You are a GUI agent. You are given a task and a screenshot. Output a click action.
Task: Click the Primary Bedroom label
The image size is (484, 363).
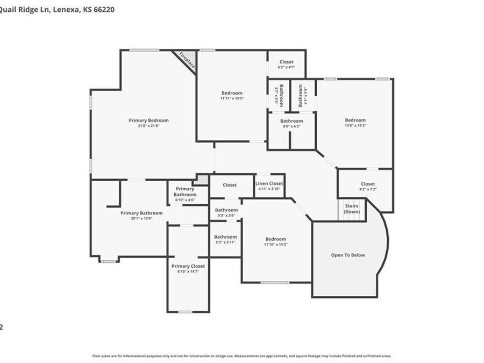[x=148, y=120]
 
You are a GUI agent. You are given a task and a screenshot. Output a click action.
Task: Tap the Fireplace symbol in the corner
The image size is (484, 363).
[x=186, y=60]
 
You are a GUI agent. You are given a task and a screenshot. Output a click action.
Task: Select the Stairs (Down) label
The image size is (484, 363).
[x=352, y=209]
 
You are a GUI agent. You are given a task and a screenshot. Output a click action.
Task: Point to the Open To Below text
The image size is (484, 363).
[x=347, y=255]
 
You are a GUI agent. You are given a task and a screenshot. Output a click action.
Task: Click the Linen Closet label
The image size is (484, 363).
[x=269, y=184]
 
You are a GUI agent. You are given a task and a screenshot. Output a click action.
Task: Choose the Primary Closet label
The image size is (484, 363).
[x=188, y=266]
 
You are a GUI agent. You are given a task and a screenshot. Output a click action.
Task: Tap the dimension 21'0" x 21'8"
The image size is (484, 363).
[x=148, y=126]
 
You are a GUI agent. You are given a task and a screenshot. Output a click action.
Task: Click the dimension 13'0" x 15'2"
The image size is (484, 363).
[x=355, y=126]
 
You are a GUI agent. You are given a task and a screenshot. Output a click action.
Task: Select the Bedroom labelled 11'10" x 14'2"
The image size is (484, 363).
[x=275, y=239]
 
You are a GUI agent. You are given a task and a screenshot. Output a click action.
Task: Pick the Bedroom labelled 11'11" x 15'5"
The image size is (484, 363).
[x=231, y=93]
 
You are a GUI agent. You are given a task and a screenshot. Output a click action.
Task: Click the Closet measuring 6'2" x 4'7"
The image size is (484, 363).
[x=286, y=62]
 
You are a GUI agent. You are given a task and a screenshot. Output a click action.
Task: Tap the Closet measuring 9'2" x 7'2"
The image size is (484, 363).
[x=368, y=184]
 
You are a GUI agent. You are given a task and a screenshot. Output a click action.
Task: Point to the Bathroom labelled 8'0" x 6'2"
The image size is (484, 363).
[x=291, y=121]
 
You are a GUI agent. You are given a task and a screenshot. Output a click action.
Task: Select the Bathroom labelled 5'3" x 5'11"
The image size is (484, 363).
[x=225, y=237]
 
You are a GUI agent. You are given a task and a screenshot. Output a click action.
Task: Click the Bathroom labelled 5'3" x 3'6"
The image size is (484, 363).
[x=226, y=210]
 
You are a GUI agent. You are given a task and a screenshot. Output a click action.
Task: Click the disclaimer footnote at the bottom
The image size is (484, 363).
[x=241, y=356]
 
